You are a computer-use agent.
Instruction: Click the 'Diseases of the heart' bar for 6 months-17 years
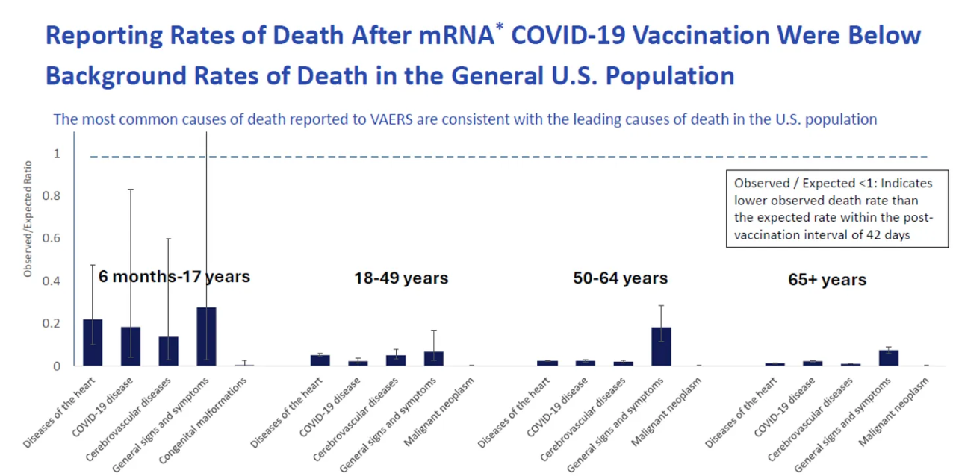click(x=93, y=342)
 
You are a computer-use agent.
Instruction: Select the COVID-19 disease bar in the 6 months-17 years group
click(x=131, y=346)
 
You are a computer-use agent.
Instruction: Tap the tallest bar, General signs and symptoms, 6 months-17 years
click(x=206, y=336)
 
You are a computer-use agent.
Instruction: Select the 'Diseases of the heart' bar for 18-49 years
click(x=320, y=360)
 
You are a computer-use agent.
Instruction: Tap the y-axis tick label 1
click(x=57, y=154)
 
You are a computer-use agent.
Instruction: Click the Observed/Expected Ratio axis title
click(x=28, y=219)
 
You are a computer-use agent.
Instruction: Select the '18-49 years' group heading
click(x=401, y=278)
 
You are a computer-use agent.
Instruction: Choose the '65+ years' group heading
click(x=827, y=280)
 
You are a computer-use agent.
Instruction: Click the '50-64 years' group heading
click(x=620, y=278)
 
